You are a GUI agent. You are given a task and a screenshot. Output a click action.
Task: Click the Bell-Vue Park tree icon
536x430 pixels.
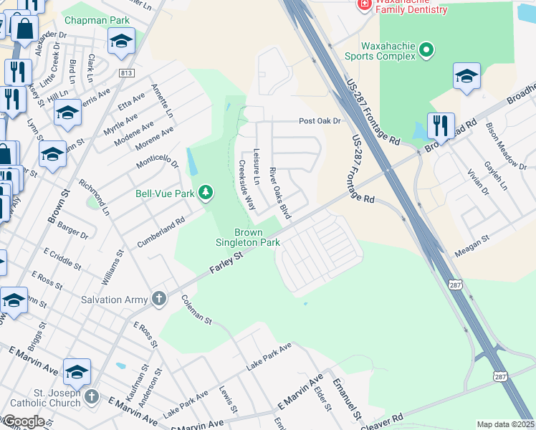206,192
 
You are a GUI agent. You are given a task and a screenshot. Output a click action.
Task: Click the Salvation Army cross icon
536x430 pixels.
158,299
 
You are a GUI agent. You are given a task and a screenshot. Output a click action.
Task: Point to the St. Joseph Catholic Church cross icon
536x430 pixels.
91,396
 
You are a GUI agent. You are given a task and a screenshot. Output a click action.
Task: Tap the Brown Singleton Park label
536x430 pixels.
248,237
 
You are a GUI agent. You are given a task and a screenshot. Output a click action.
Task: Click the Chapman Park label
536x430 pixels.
97,20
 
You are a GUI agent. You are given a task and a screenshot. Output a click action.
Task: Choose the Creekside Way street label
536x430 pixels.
247,184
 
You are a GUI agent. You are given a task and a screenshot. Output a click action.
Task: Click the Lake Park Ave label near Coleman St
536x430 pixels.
269,356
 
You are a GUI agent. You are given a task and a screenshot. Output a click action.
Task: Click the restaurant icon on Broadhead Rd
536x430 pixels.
440,125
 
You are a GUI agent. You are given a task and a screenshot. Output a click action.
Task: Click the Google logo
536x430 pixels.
23,421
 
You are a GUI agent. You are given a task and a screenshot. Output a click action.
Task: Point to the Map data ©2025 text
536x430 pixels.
506,424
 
